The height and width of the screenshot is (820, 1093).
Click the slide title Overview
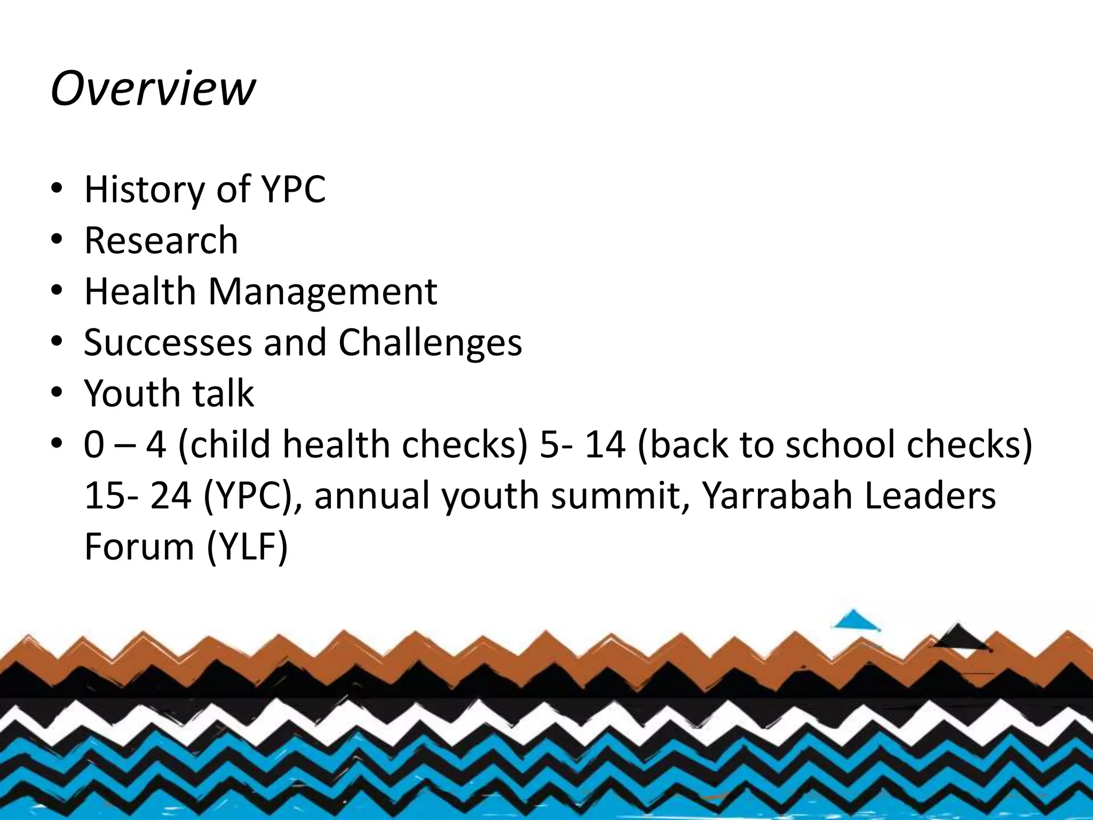point(153,88)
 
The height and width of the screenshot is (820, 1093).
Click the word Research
point(161,240)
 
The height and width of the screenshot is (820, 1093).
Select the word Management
point(322,292)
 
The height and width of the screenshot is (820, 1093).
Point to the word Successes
point(168,342)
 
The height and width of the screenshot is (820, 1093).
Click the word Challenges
point(430,343)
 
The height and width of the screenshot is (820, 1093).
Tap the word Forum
point(139,547)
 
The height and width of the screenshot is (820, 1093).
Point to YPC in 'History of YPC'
point(292,190)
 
